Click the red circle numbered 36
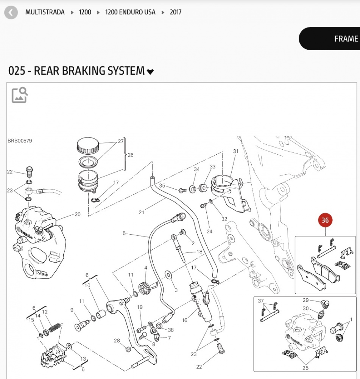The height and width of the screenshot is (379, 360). coord(325,221)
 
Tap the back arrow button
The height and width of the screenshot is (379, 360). coord(11,13)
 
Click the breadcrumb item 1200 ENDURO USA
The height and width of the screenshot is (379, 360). coord(130,12)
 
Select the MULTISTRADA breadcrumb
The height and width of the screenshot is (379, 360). coord(45,12)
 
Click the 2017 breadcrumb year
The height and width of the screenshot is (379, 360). coord(175,12)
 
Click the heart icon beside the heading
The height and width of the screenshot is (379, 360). coord(150,72)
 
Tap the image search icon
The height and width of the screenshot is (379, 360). coord(20,95)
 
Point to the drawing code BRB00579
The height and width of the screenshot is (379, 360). coord(20,141)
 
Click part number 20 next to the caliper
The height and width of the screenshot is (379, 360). coord(77,215)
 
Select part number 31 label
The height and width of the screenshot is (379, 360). coord(236,151)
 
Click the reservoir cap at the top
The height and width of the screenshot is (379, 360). coord(88,146)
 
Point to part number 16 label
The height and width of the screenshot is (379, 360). coord(185,320)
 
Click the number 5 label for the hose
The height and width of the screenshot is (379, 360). coord(124,233)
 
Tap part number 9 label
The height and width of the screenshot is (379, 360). coord(72,310)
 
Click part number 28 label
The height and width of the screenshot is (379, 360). coord(117,341)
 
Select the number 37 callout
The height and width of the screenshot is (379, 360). coord(261,301)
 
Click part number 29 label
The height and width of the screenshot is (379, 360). coord(306,300)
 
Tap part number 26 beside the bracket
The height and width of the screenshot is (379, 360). coord(131,155)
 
